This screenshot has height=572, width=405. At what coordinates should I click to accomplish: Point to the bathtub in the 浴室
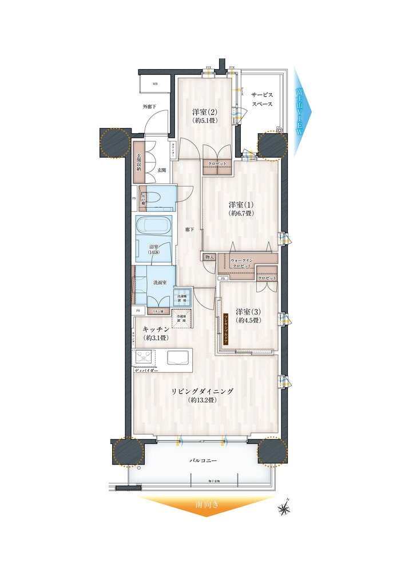(x=153, y=225)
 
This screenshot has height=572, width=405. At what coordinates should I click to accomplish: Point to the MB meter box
(x=154, y=84)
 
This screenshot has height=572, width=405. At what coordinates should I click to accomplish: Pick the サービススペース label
(x=261, y=100)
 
